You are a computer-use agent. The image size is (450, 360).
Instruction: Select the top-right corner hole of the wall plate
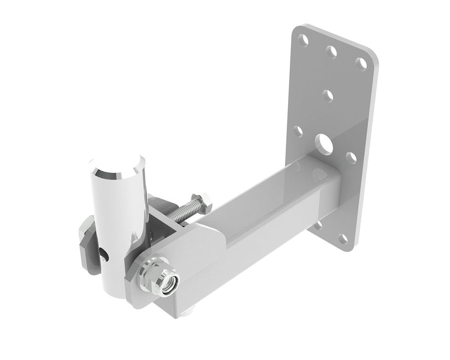click(x=361, y=64)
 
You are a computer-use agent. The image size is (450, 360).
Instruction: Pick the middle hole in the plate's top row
click(x=332, y=52)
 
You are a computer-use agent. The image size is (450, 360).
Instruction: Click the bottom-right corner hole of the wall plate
click(x=343, y=239)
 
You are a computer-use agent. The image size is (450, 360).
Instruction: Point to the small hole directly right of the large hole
click(x=352, y=157)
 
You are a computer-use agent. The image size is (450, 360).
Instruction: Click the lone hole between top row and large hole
click(x=328, y=95)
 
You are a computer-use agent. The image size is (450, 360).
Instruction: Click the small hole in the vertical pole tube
click(x=106, y=257)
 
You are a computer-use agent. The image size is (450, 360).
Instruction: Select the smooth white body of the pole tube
click(x=117, y=210)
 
